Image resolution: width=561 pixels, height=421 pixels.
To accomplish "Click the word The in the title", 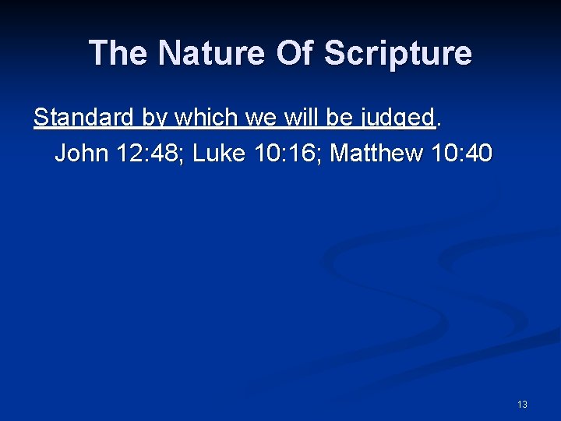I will click(118, 53).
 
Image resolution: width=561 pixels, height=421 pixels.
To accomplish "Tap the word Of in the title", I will click(291, 53).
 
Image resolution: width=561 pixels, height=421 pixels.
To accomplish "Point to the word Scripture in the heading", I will click(397, 53).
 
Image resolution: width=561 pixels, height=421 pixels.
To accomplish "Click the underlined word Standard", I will click(85, 118).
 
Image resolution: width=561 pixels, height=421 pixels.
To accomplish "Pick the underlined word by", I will click(156, 118).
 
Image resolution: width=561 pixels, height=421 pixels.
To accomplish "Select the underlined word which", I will click(206, 118).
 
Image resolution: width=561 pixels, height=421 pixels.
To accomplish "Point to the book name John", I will click(82, 154).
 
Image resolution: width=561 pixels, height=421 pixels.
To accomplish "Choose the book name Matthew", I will click(377, 154).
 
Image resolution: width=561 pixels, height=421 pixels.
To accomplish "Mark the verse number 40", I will click(479, 154).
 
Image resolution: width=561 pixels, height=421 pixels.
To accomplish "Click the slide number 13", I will click(522, 404).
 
